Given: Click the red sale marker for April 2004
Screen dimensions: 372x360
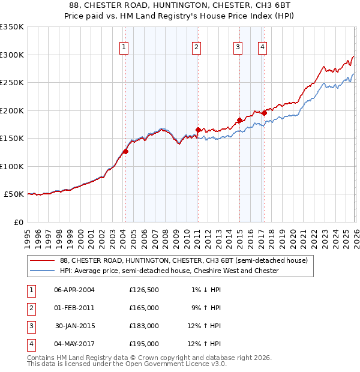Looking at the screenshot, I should coord(125,151).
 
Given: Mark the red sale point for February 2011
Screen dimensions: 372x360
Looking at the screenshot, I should coord(197,130).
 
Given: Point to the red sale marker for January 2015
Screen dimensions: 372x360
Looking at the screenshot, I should coord(239,120).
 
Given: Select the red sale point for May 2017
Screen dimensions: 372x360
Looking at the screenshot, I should coord(264,113).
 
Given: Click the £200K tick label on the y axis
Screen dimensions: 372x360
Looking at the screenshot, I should coord(12,110).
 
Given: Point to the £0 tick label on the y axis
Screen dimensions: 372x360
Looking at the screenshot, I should coord(18,222).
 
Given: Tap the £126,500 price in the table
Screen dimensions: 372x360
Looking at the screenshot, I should coord(144,290).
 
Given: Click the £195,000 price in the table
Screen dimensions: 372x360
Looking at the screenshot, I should coord(144,344).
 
